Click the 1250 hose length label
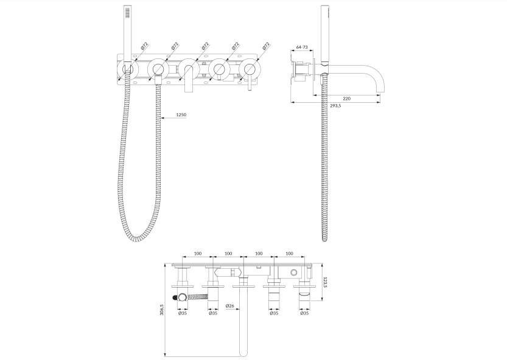tap(181, 115)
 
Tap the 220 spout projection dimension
tap(347, 99)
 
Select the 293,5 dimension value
tap(335, 106)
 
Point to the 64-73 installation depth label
tap(302, 47)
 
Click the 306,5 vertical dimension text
tap(162, 310)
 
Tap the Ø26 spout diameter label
tap(230, 305)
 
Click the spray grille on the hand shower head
tap(127, 13)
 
